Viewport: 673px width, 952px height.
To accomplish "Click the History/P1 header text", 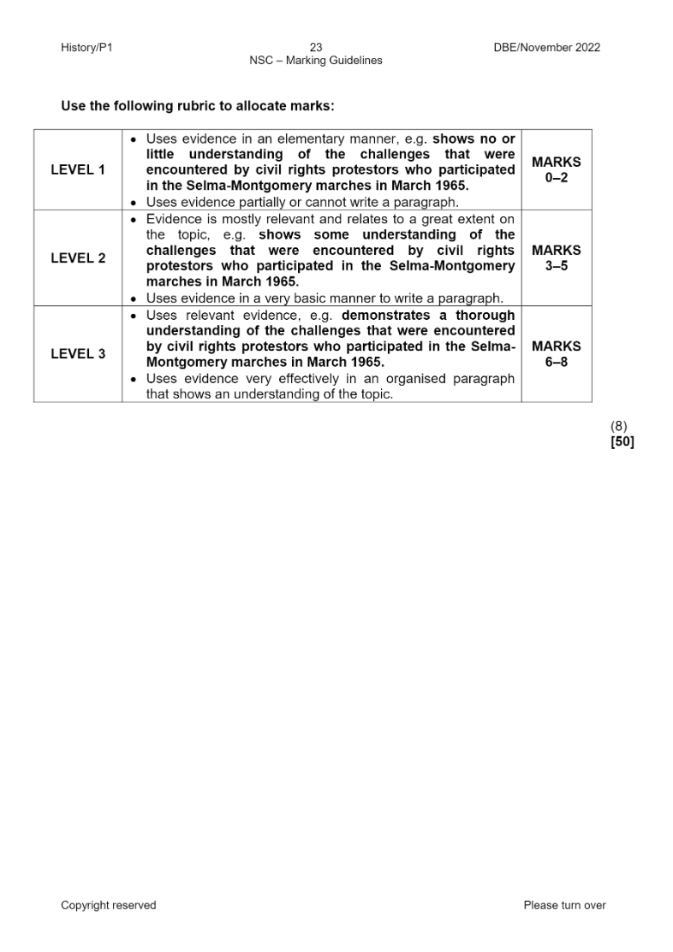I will click(86, 48).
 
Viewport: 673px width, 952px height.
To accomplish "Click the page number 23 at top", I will click(316, 48).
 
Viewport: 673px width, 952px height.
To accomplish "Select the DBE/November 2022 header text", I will click(547, 48).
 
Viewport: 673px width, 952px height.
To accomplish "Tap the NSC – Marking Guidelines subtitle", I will click(316, 61).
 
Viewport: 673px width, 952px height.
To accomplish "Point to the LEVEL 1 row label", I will click(78, 170).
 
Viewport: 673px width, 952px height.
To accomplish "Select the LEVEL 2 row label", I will click(78, 258).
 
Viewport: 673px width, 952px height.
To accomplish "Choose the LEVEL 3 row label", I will click(78, 354).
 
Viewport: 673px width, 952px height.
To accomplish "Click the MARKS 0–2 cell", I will click(557, 170).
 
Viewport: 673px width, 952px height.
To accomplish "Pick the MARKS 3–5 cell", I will click(557, 258).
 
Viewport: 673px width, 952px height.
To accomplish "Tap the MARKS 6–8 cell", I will click(557, 354).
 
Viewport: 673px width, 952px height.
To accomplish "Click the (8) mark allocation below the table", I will click(618, 426).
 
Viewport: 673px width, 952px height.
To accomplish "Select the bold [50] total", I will click(622, 442).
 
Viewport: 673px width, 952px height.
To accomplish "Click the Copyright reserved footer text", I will click(109, 906).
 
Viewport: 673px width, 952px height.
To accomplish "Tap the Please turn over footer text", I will click(564, 906).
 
